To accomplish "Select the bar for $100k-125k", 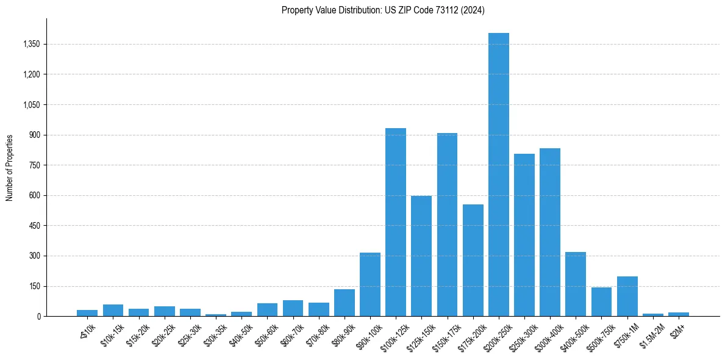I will click(396, 222).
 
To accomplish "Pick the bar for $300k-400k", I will click(550, 232).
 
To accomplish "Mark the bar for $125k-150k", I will click(421, 256).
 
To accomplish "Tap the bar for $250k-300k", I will click(524, 235).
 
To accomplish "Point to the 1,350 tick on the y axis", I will click(30, 44).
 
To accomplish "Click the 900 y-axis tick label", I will click(34, 135).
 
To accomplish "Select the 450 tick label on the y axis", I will click(34, 226).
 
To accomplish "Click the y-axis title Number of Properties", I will click(10, 168).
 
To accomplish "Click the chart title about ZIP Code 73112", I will click(383, 10).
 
